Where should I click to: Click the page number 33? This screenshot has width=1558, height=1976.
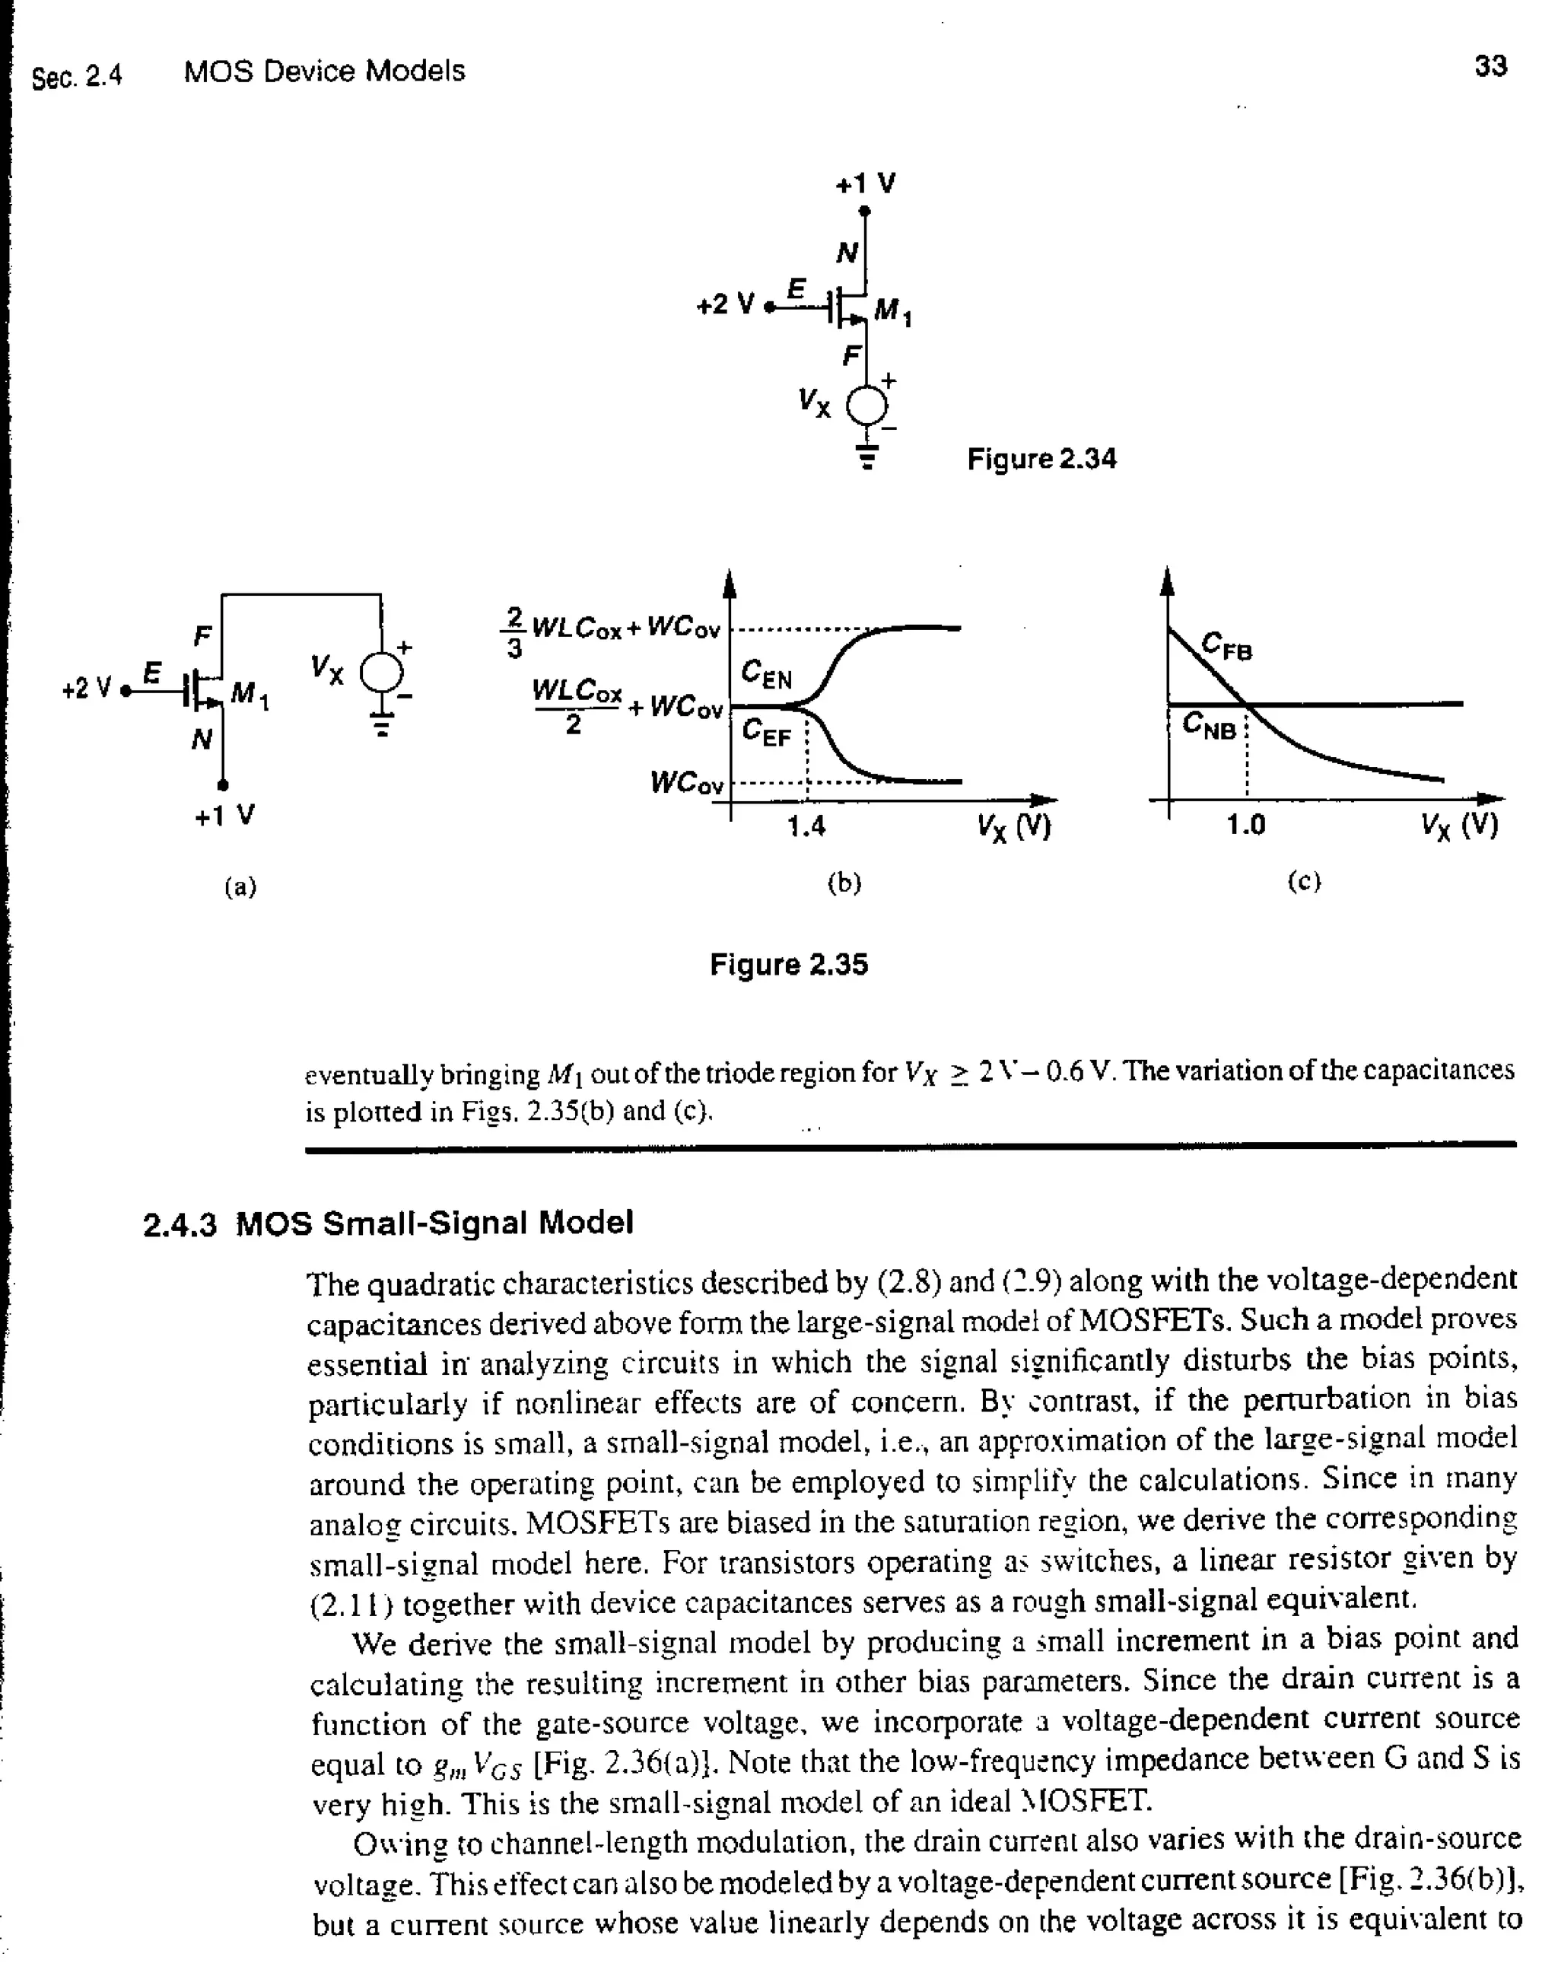1490,67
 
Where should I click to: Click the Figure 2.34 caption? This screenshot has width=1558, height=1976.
1041,459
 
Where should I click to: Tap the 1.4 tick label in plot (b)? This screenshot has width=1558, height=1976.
806,826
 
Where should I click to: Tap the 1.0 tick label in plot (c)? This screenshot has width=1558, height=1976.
1246,826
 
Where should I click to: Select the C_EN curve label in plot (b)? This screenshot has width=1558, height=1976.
766,675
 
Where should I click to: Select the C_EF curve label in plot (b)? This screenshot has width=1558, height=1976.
765,733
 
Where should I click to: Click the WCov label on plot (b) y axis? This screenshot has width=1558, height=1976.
687,783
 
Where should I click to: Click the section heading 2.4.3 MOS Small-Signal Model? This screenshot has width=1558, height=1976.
388,1223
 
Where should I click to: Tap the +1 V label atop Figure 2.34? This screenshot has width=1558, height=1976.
866,184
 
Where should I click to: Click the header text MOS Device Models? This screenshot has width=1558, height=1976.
324,72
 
